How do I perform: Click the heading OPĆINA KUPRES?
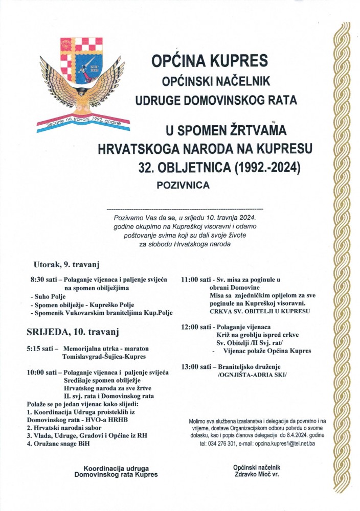(x=209, y=61)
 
